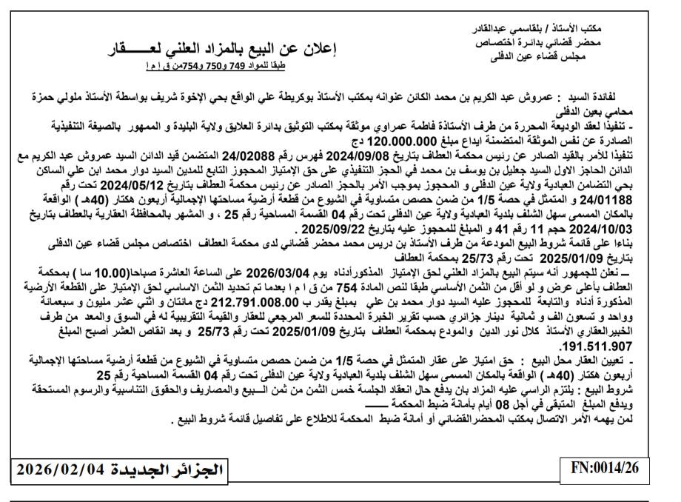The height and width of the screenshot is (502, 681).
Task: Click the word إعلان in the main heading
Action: tap(319, 50)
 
